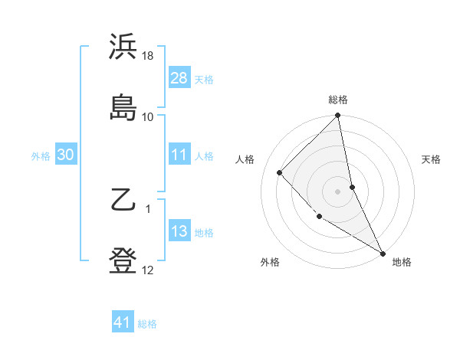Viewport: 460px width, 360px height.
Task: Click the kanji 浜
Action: [x=123, y=47]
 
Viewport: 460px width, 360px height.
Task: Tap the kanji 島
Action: [x=123, y=107]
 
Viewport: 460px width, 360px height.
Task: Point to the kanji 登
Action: [x=123, y=260]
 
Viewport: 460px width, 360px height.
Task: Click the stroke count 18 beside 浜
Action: [x=148, y=57]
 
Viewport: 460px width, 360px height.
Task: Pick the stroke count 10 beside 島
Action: [x=148, y=116]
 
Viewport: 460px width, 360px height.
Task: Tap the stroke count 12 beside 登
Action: [x=148, y=270]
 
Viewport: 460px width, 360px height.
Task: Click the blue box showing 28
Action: [x=179, y=78]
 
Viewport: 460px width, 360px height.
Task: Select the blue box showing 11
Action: [x=179, y=155]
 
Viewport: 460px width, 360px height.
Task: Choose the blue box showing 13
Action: [x=179, y=231]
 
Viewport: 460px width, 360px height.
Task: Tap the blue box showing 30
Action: [x=66, y=155]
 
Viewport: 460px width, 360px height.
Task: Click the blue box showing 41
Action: [x=123, y=322]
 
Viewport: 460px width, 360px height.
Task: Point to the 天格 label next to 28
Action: [x=204, y=79]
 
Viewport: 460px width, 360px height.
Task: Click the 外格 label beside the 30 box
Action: [x=41, y=155]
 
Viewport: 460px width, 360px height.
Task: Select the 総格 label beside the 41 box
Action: [x=147, y=323]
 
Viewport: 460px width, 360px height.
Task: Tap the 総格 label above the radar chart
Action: [x=338, y=100]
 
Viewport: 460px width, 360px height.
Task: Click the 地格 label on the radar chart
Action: [x=402, y=262]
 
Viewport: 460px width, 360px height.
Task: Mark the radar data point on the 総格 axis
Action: [x=338, y=116]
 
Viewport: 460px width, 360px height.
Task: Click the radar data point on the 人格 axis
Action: [x=280, y=172]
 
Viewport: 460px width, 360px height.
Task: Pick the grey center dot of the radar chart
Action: [x=338, y=191]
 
